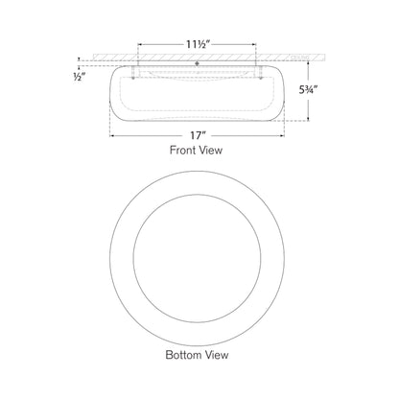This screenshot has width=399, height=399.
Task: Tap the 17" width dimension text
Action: pos(198,134)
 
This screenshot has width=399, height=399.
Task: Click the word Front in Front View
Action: pos(182,152)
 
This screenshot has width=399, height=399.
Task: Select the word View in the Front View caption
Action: pos(219,152)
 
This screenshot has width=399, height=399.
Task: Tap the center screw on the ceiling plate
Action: pos(198,64)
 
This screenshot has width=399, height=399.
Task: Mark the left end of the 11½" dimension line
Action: pos(139,42)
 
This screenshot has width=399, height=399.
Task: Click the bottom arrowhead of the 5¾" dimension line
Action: pos(308,122)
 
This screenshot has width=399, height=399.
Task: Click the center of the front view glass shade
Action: pos(198,96)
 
